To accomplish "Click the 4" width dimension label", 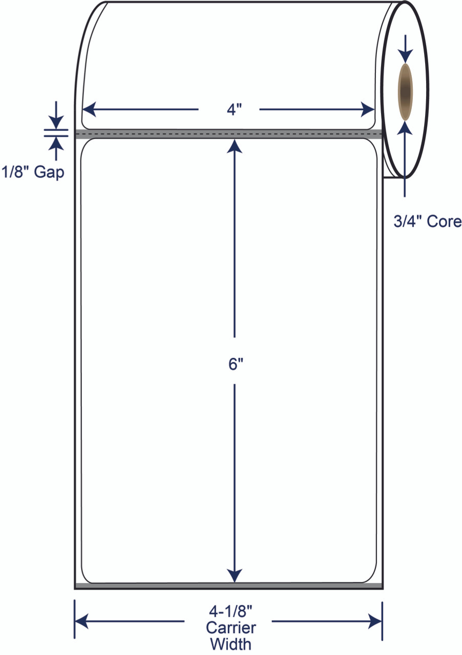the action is tap(235, 110).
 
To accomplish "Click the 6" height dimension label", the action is tap(236, 364).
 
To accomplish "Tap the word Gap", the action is tap(49, 172).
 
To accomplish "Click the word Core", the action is tap(444, 222).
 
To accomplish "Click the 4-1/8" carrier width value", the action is tap(230, 611).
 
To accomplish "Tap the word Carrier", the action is tap(230, 627).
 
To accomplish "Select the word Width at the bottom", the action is tap(230, 644).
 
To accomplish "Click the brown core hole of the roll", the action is tap(405, 92).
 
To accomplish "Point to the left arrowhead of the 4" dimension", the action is tap(90, 110).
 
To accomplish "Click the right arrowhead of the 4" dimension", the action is tap(368, 110).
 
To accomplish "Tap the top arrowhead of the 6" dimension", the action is tap(235, 146).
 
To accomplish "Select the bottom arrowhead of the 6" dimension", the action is tap(235, 576).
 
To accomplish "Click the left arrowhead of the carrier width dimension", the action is tap(81, 621).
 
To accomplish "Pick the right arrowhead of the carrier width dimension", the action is tap(375, 621).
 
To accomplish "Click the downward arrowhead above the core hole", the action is tap(405, 56).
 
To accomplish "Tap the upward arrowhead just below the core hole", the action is tap(405, 128).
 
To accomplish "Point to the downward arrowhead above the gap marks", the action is tap(56, 122).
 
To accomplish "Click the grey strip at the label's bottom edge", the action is tap(228, 586).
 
